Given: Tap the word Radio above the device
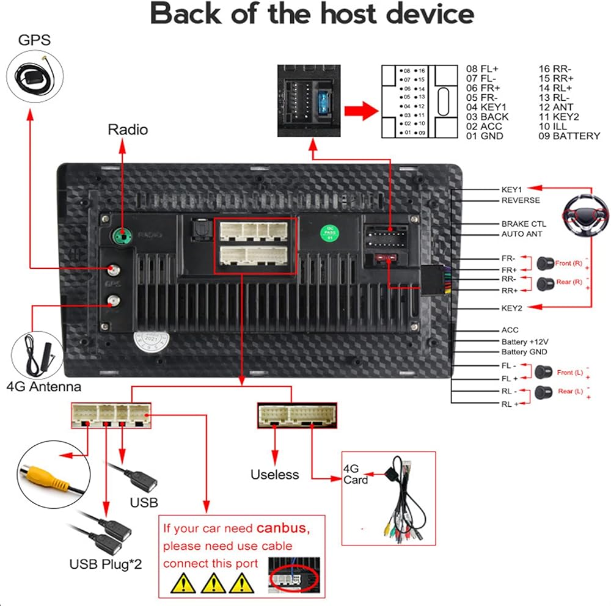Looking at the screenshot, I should pos(128,130).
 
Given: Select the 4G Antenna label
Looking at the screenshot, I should pos(43,387).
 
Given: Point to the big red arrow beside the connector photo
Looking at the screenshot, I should pos(358,111).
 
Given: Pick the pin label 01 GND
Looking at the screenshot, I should pos(485,136).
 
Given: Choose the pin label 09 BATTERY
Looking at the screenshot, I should pos(569,136).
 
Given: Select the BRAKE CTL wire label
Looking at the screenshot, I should pos(524,224).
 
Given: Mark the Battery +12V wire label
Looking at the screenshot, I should pos(524,341).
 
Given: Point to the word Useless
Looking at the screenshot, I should pos(274,475).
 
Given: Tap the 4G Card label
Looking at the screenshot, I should pos(356,474).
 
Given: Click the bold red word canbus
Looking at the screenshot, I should pos(283,528).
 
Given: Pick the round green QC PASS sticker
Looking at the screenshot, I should pos(331,233).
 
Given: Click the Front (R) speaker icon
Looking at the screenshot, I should pos(544,263).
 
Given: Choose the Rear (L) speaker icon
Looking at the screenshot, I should pos(540,392).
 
